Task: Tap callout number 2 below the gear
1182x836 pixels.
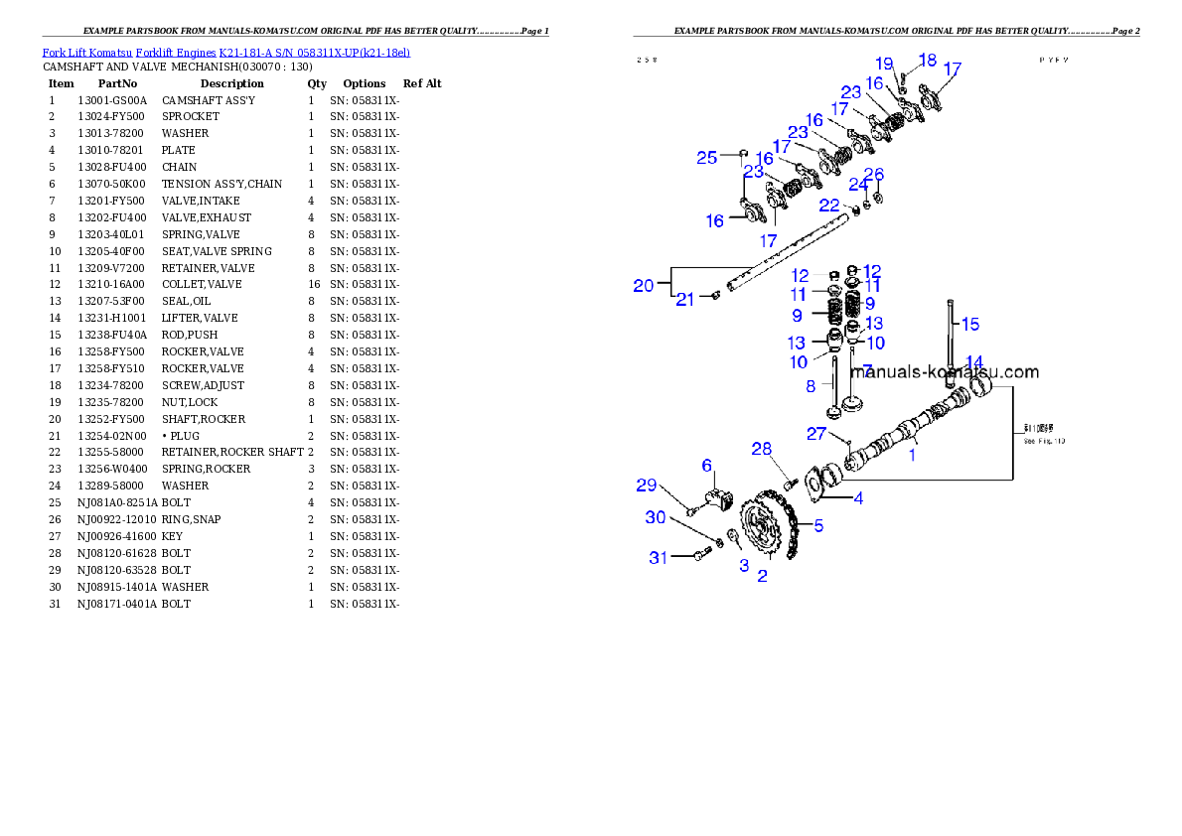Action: (x=762, y=575)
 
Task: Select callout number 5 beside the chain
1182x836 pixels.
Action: (x=818, y=526)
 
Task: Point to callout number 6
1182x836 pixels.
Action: (x=707, y=465)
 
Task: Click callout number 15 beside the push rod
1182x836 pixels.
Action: (x=970, y=324)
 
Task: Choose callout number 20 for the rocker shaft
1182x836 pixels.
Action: (x=644, y=285)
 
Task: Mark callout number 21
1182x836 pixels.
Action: (x=685, y=299)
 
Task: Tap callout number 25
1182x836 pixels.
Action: (x=706, y=158)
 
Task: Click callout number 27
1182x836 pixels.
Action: (x=816, y=433)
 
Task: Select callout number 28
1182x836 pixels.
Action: (x=762, y=450)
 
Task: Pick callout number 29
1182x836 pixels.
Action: (x=647, y=485)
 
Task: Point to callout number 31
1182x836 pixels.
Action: (x=659, y=558)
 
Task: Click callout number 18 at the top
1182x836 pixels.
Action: (x=928, y=60)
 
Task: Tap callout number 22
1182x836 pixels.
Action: (x=829, y=205)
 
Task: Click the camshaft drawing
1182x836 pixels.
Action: (x=894, y=437)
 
